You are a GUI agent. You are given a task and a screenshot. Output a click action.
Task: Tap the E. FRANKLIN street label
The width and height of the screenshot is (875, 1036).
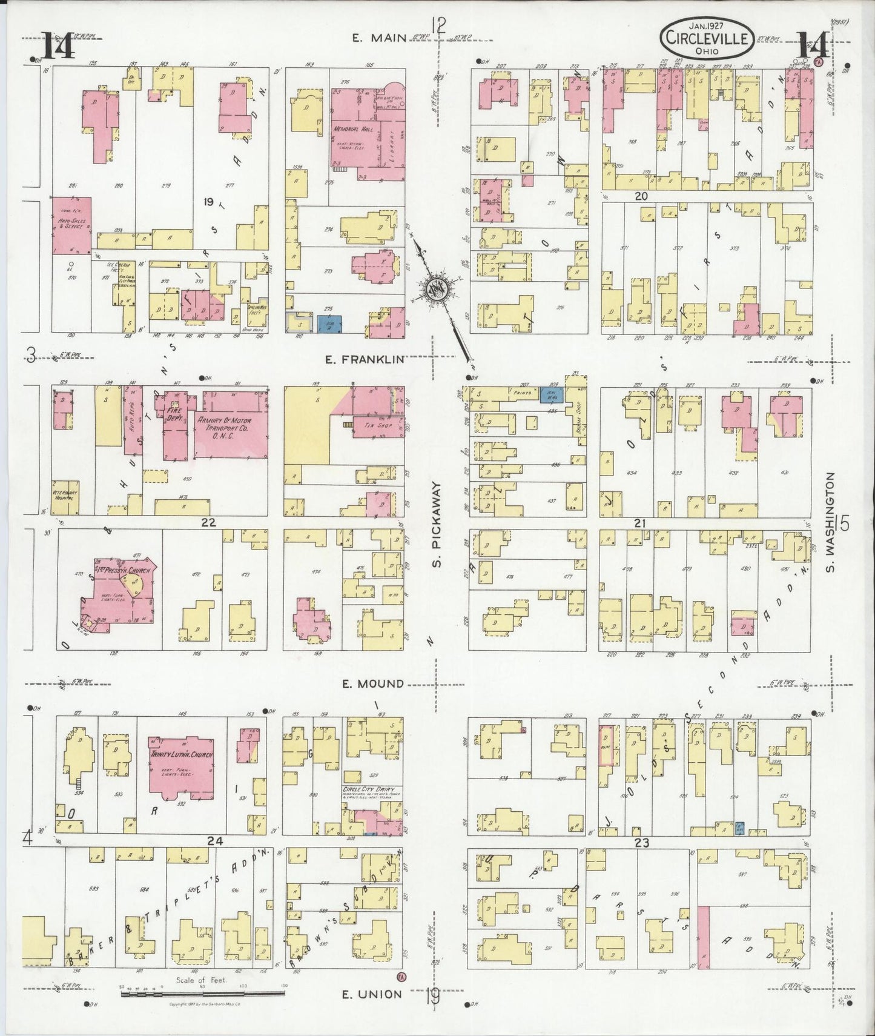[x=364, y=359]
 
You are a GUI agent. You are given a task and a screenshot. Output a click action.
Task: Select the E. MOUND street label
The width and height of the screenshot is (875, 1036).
[x=372, y=683]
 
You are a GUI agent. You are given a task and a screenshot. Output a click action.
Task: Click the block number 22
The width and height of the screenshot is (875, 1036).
[x=209, y=522]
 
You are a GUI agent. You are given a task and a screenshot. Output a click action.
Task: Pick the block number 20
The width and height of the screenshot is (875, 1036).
[x=641, y=196]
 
